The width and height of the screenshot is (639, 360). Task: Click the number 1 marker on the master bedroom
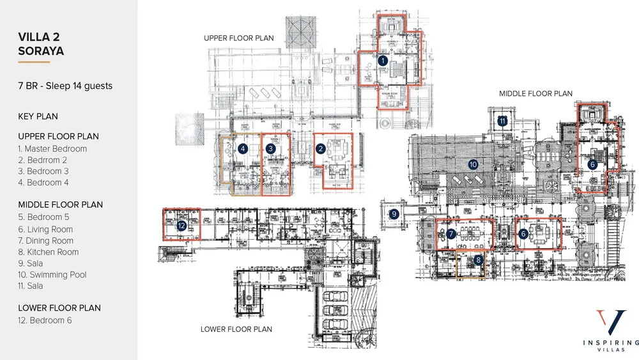pyautogui.click(x=383, y=61)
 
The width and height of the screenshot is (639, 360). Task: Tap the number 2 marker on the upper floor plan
pyautogui.click(x=321, y=148)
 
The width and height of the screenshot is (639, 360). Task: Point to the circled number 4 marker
pyautogui.click(x=243, y=148)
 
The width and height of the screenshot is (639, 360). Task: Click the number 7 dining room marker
pyautogui.click(x=451, y=234)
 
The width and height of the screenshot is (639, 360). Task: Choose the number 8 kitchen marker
pyautogui.click(x=478, y=260)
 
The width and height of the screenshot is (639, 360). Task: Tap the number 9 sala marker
pyautogui.click(x=394, y=214)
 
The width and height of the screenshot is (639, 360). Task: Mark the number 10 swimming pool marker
pyautogui.click(x=473, y=164)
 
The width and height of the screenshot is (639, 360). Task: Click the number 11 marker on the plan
pyautogui.click(x=503, y=120)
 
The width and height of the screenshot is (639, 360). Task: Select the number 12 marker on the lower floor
pyautogui.click(x=181, y=225)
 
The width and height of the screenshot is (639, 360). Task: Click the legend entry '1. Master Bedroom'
pyautogui.click(x=52, y=149)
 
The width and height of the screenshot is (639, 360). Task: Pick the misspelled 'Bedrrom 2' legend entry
pyautogui.click(x=43, y=160)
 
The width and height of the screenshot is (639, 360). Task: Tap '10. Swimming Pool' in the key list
pyautogui.click(x=52, y=275)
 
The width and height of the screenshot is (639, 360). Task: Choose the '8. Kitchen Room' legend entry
pyautogui.click(x=49, y=252)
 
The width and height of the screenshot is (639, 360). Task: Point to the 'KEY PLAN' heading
pyautogui.click(x=38, y=116)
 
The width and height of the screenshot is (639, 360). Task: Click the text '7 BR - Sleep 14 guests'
pyautogui.click(x=65, y=86)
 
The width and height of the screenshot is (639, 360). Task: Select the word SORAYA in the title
pyautogui.click(x=41, y=51)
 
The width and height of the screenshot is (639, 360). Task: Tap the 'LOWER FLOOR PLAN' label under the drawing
pyautogui.click(x=236, y=329)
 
